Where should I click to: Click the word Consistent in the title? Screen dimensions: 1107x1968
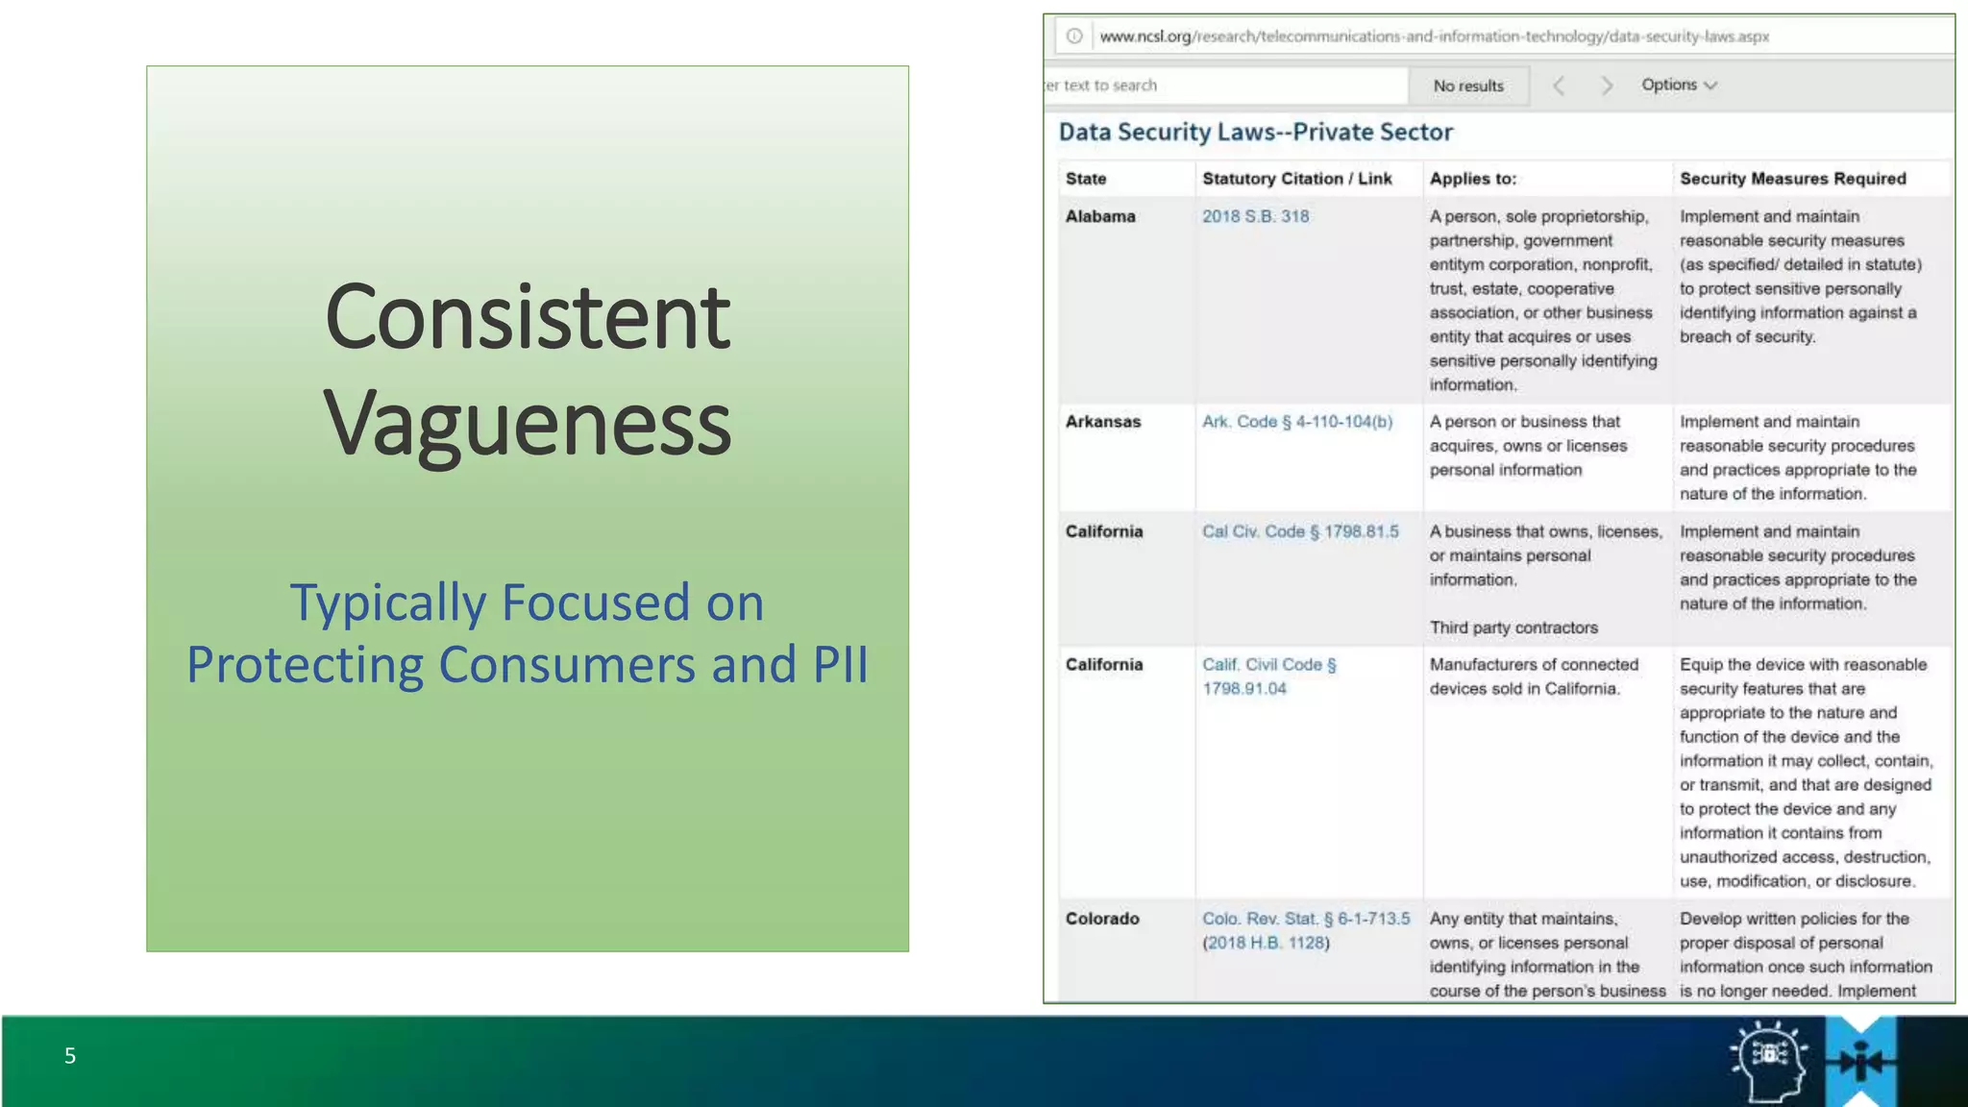coord(528,317)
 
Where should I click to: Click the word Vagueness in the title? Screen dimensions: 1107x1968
coord(528,423)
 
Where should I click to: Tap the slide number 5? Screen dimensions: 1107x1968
coord(70,1056)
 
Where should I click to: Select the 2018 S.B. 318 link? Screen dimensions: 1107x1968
coord(1255,216)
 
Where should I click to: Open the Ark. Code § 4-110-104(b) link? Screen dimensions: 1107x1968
coord(1296,422)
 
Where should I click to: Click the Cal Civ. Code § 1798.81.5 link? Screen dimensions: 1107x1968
coord(1300,531)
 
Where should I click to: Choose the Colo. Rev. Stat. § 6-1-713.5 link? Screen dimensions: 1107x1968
coord(1306,919)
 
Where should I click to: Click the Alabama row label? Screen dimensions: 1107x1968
coord(1100,216)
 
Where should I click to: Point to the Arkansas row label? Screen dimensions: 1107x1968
coord(1103,422)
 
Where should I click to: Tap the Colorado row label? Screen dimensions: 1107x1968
coord(1102,919)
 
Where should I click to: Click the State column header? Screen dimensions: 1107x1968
coord(1086,179)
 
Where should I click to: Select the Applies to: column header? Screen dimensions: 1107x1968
coord(1472,179)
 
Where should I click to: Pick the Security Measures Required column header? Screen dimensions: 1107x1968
coord(1792,179)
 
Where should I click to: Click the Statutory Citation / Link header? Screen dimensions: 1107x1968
coord(1296,179)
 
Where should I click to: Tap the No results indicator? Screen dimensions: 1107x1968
coord(1468,86)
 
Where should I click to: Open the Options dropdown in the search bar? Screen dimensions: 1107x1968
coord(1678,85)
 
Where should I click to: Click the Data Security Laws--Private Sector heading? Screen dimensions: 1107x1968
coord(1255,132)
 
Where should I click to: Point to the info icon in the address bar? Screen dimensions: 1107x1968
coord(1074,37)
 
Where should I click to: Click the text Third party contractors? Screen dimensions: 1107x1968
coord(1513,627)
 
